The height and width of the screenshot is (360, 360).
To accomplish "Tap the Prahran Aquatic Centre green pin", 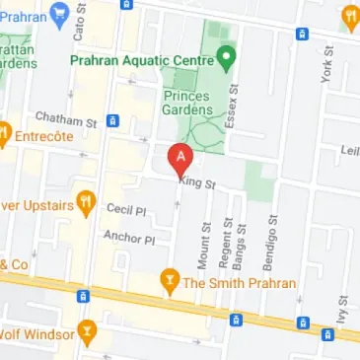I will tap(226, 57).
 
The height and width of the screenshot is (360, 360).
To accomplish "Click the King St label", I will tap(196, 181).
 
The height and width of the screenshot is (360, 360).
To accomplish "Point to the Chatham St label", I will tap(64, 119).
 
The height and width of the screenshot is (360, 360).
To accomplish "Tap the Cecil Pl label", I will tap(126, 210).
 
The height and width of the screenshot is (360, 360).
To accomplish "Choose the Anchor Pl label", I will tap(129, 239).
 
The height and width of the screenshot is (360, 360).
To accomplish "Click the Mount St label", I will tap(205, 246).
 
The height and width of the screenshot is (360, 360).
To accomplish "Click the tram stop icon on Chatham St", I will tap(112, 120).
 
